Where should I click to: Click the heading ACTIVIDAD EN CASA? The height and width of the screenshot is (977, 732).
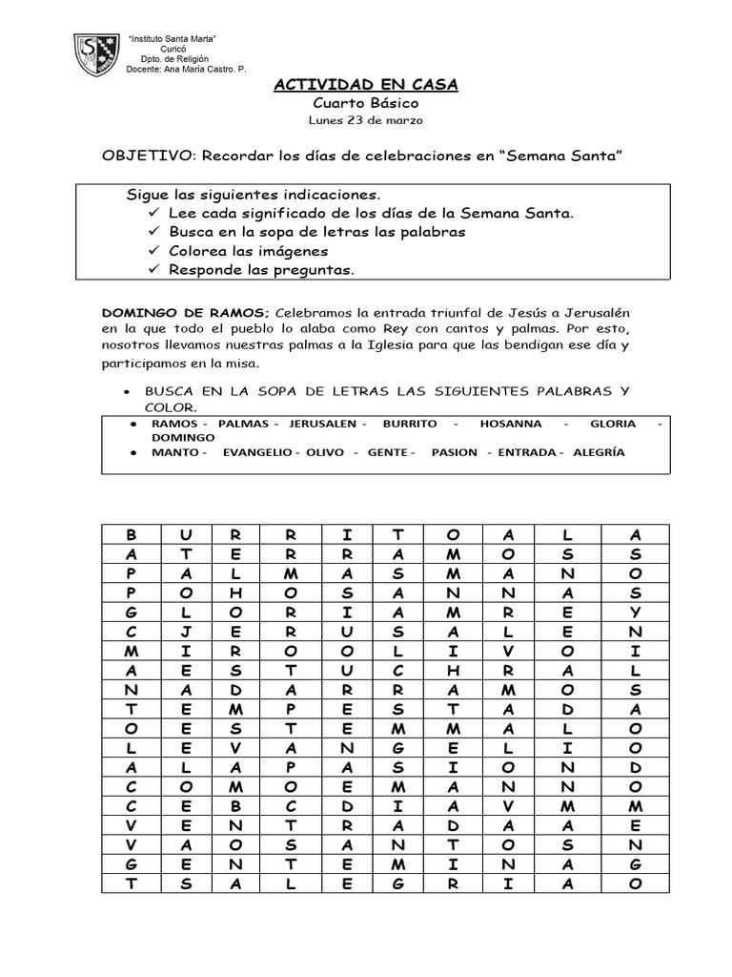pyautogui.click(x=366, y=85)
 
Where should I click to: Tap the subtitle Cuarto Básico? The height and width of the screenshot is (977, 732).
pyautogui.click(x=365, y=103)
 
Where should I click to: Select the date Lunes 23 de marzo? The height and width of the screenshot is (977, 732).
pyautogui.click(x=365, y=121)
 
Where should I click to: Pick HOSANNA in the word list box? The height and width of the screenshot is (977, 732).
pyautogui.click(x=510, y=423)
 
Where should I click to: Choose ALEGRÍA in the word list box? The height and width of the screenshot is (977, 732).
pyautogui.click(x=600, y=452)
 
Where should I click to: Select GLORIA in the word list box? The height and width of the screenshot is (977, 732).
pyautogui.click(x=613, y=423)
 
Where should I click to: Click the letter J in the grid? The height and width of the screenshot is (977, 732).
pyautogui.click(x=188, y=630)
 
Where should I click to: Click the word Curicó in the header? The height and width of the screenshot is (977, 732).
pyautogui.click(x=173, y=48)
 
